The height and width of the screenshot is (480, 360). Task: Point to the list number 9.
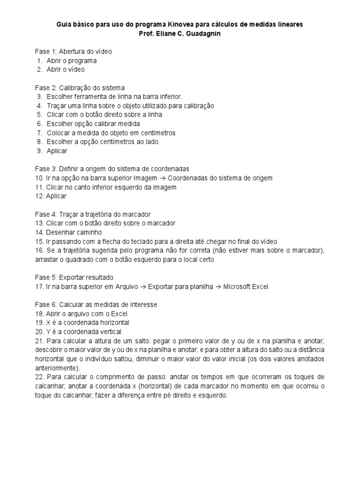39,151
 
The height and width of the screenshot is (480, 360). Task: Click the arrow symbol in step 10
162,178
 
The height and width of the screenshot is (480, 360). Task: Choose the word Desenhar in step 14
59,232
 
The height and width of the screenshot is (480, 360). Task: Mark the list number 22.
39,377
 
